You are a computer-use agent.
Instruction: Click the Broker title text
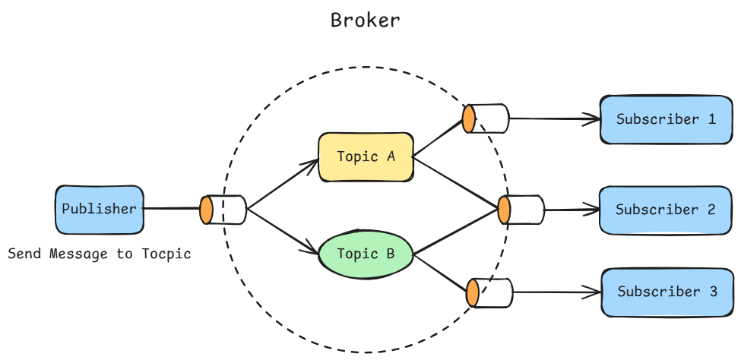[365, 21]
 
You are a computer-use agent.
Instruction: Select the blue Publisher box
[99, 209]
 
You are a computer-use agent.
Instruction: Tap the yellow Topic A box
[366, 157]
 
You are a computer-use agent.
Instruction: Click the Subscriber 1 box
[666, 119]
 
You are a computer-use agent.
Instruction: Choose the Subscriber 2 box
[666, 210]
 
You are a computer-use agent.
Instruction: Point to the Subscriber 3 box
[667, 292]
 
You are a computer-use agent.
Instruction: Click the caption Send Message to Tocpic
[99, 254]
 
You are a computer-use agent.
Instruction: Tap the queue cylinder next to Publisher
[223, 210]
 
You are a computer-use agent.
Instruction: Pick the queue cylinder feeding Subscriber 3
[490, 292]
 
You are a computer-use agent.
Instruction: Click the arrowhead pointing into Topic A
[311, 162]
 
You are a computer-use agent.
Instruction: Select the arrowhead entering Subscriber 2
[592, 210]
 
